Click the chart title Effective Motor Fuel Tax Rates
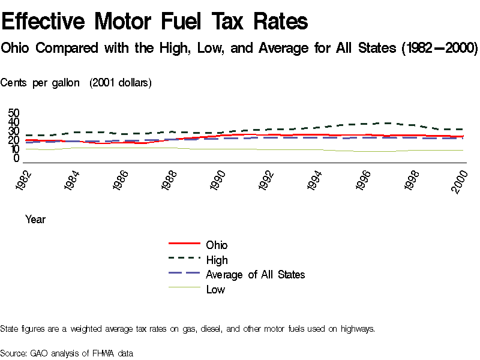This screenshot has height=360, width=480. [x=155, y=22]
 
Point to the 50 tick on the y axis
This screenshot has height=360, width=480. [x=14, y=113]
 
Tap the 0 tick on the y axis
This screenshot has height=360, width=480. [x=17, y=158]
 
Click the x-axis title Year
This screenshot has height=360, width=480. [x=35, y=220]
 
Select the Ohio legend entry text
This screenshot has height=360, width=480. [x=217, y=245]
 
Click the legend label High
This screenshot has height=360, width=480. [x=217, y=260]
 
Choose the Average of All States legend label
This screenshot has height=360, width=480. [x=255, y=275]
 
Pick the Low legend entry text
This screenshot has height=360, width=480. [x=215, y=290]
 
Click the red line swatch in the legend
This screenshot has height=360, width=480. [x=184, y=244]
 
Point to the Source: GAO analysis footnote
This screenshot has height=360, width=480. [x=66, y=353]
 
